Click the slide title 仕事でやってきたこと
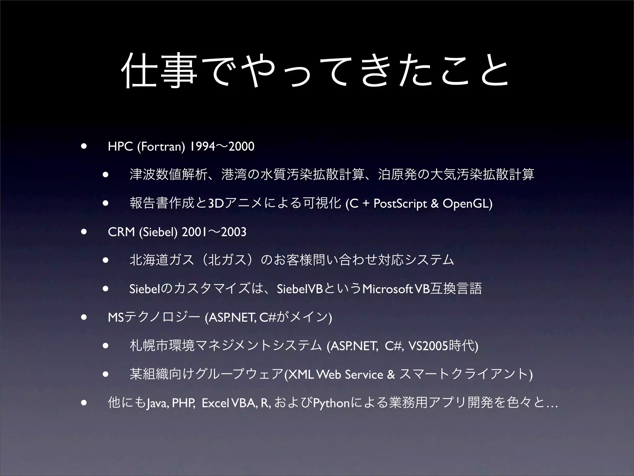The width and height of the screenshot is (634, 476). (316, 71)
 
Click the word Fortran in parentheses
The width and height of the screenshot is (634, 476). (161, 146)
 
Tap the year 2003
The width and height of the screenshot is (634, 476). (234, 232)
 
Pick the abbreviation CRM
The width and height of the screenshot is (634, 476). (121, 232)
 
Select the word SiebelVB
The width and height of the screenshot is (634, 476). (300, 289)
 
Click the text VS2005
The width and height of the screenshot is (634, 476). (428, 346)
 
